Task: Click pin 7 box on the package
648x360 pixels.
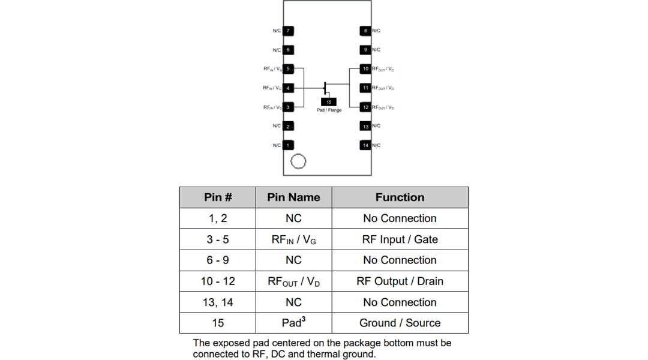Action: pos(288,31)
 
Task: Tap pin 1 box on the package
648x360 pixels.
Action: pos(288,145)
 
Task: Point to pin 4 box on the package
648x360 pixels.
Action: pos(288,88)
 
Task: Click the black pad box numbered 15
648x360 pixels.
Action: pos(329,102)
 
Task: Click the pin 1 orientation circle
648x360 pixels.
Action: pos(298,161)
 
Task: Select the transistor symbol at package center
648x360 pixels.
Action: pos(326,88)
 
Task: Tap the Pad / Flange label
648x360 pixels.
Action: pos(329,110)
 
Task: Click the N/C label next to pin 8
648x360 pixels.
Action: pos(376,31)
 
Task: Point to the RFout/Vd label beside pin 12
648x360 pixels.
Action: pos(383,107)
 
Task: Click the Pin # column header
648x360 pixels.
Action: pos(218,197)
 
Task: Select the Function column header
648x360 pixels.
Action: pos(400,197)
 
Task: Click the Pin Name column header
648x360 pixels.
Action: pos(294,197)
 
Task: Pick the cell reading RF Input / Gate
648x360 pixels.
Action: pos(400,239)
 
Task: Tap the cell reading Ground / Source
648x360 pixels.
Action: pos(400,323)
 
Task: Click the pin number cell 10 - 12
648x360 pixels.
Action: pos(218,281)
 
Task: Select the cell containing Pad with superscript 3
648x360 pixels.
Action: pos(294,323)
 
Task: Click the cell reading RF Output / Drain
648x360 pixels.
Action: pos(400,281)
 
